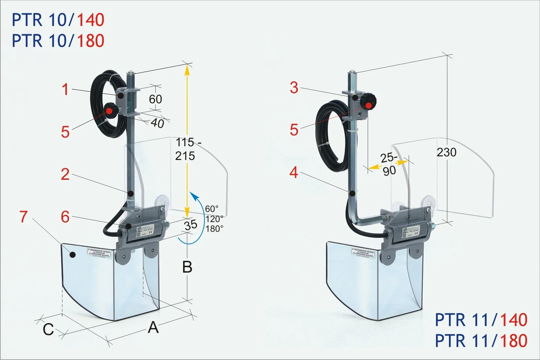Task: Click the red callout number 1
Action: click(x=65, y=89)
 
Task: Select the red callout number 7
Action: click(x=24, y=217)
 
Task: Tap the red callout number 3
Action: click(x=294, y=88)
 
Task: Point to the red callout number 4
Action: click(x=294, y=173)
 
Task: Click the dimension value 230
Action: click(x=446, y=152)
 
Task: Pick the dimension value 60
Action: click(x=155, y=99)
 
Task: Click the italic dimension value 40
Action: click(x=157, y=123)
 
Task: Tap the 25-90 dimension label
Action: click(x=389, y=164)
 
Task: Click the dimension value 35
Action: click(x=191, y=225)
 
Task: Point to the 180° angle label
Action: click(x=214, y=229)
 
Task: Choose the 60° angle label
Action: click(x=212, y=209)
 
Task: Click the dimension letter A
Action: click(x=154, y=328)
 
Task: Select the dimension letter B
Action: click(x=187, y=268)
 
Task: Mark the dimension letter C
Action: click(x=48, y=329)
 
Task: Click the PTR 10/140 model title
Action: click(x=58, y=20)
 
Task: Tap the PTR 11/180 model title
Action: click(x=481, y=341)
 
